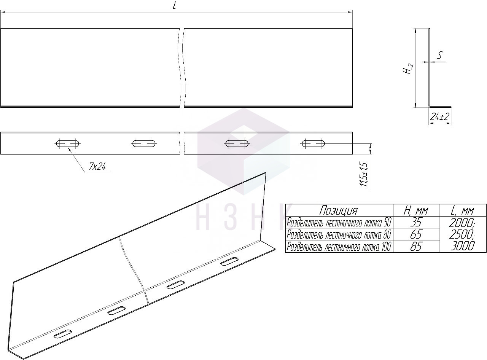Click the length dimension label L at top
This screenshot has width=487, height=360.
click(x=175, y=6)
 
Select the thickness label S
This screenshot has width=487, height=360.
click(x=439, y=55)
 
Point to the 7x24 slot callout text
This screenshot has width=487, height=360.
click(x=97, y=167)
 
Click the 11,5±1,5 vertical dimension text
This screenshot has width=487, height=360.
click(x=364, y=174)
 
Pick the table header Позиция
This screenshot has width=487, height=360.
click(x=339, y=210)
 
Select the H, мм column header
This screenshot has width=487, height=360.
click(x=416, y=211)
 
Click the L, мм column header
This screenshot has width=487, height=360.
click(x=462, y=211)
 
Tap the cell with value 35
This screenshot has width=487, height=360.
click(x=416, y=222)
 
